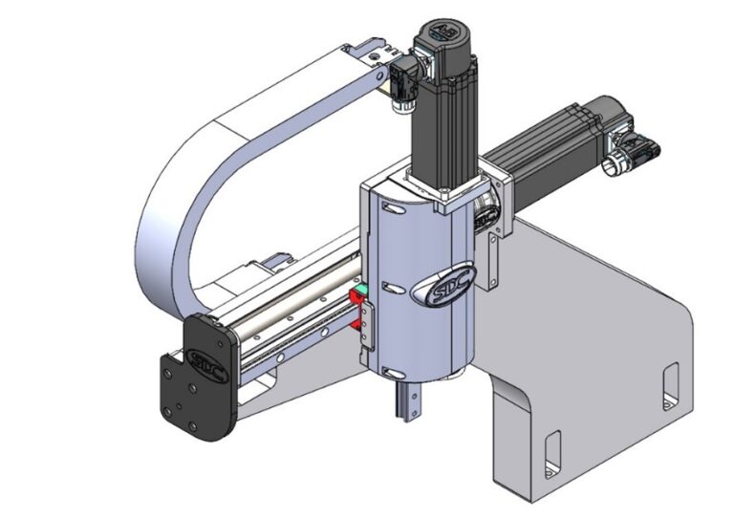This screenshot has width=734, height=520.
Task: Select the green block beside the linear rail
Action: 361,290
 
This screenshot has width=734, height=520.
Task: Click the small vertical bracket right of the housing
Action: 490,258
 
